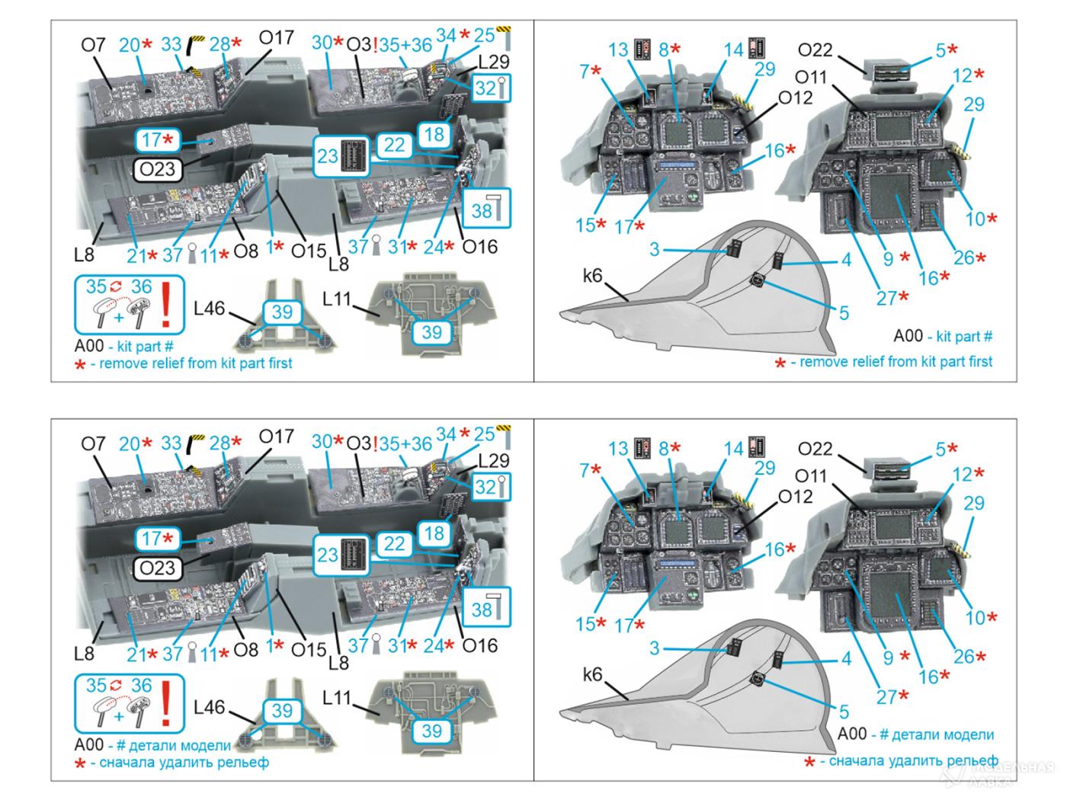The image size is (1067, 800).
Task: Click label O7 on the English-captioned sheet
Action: pos(93,45)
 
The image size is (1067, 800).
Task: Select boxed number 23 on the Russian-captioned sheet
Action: pos(328,554)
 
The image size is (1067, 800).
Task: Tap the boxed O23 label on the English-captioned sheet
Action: pos(158,169)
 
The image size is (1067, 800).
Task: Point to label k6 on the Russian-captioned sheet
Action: pos(592,674)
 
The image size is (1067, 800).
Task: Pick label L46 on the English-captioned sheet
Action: pos(209,309)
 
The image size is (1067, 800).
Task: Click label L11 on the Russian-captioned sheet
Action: pos(337,697)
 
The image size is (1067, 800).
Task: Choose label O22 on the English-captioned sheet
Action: pos(815,50)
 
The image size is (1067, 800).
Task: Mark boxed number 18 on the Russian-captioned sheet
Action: pos(434,533)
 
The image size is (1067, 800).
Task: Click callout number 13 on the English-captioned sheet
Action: pos(618,50)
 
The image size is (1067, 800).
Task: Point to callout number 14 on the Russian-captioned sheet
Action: pos(732,448)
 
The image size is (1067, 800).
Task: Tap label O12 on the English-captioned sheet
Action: pos(795,98)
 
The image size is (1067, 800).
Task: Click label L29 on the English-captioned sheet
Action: pos(493,62)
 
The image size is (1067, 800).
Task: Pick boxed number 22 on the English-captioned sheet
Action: pos(394,144)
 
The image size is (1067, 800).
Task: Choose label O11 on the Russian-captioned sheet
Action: pos(809,476)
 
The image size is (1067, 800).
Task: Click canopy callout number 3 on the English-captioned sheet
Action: pos(655,249)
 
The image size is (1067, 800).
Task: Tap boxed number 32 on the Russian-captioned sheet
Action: pos(485,486)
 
